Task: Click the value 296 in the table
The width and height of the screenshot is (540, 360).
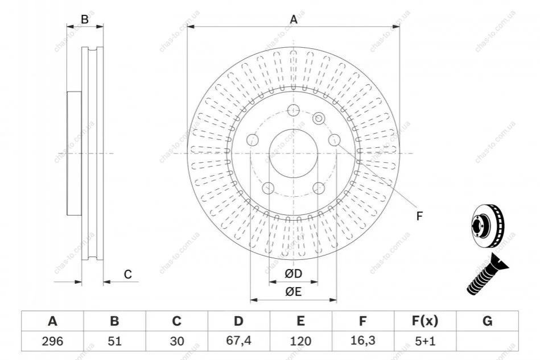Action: (x=52, y=341)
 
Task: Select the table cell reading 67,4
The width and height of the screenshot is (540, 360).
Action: (x=238, y=341)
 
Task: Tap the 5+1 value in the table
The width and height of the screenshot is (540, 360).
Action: (x=425, y=341)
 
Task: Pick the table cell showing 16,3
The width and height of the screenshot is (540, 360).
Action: (x=362, y=341)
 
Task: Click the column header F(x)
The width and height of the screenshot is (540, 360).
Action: (x=425, y=321)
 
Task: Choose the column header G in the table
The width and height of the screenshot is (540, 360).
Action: (x=487, y=321)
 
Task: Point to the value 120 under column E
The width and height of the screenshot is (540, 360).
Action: (x=300, y=341)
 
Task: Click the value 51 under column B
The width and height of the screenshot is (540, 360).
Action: (x=114, y=341)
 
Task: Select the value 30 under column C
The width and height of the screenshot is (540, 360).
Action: (x=176, y=341)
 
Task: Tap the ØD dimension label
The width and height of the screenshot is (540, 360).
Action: (x=293, y=274)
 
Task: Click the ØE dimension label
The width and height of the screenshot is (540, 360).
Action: (x=293, y=292)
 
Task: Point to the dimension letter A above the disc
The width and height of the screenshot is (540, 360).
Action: (x=294, y=19)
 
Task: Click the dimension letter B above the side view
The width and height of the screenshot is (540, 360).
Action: (x=85, y=19)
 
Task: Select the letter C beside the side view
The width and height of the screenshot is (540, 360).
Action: (x=128, y=274)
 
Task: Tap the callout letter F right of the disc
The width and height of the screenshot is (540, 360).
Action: (x=419, y=216)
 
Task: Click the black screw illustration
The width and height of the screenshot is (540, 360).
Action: (x=487, y=274)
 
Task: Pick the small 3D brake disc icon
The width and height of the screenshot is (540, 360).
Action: (x=487, y=226)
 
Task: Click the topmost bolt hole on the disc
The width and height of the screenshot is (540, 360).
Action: (x=293, y=110)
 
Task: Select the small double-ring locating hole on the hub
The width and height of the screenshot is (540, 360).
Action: (x=319, y=119)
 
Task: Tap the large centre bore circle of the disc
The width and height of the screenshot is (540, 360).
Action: (x=293, y=129)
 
